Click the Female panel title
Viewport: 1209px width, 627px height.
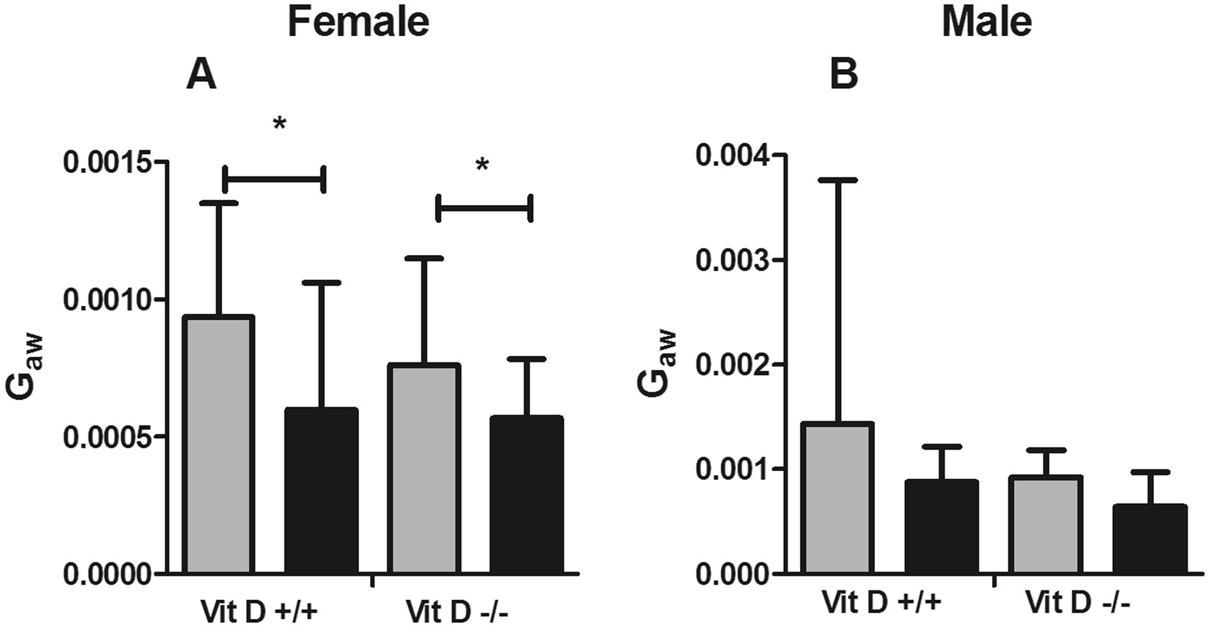[358, 21]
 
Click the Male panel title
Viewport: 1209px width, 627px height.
[987, 21]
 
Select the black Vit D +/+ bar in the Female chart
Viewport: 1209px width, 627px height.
[321, 491]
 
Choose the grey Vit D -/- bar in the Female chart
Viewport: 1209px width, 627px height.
[424, 469]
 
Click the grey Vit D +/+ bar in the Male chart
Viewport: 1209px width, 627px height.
[837, 498]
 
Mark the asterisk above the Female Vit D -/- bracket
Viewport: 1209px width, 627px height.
[481, 166]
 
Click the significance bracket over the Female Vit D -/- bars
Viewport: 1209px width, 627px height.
[484, 208]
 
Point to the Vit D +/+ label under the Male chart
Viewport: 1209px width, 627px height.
[881, 604]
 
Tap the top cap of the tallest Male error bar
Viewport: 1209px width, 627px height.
[837, 179]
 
